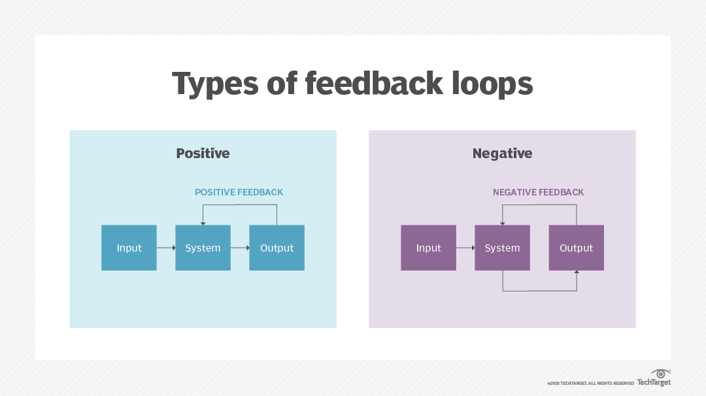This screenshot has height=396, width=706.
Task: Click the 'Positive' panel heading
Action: click(x=203, y=154)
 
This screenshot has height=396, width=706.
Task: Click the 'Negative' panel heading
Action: click(x=502, y=154)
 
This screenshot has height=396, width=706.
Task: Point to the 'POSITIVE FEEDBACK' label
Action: click(x=239, y=192)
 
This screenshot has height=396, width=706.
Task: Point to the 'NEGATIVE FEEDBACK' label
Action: click(x=538, y=192)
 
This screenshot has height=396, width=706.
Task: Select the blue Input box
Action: click(x=129, y=248)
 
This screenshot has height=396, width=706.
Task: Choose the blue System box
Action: click(x=203, y=248)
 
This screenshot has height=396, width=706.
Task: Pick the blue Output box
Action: click(x=277, y=248)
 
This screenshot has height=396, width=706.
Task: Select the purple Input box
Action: click(x=428, y=248)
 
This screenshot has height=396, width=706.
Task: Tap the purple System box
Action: click(x=502, y=248)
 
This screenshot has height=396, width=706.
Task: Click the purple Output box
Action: click(x=576, y=248)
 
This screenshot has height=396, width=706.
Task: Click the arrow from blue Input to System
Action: click(x=166, y=248)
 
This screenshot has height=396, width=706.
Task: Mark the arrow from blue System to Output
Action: click(x=240, y=248)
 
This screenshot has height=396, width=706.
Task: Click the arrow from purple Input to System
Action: click(x=465, y=248)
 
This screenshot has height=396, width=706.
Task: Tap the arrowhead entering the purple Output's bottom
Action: click(x=576, y=272)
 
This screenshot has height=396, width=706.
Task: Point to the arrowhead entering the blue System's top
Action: click(x=203, y=223)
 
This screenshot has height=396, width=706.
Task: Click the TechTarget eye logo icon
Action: click(x=661, y=373)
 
